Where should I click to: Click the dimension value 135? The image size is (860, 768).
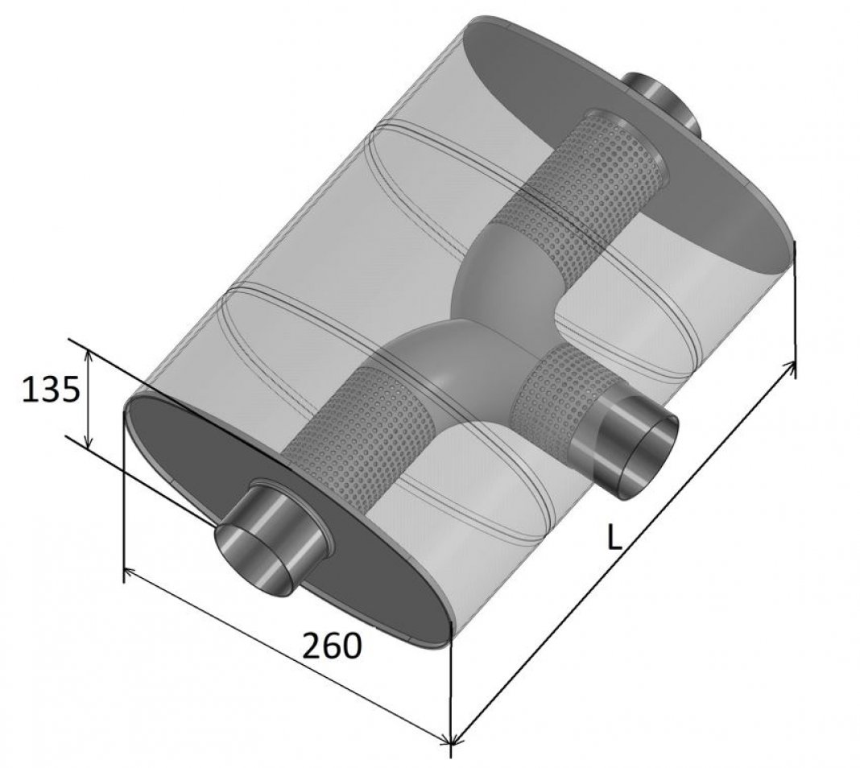(x=51, y=390)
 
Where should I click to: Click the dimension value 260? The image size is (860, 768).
(x=333, y=645)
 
